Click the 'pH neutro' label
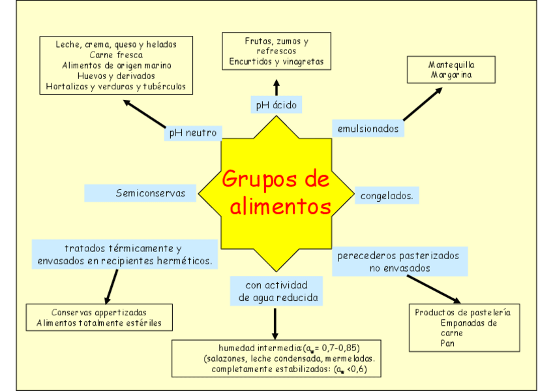click(192, 133)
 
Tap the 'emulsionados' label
click(368, 129)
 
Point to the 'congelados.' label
click(387, 195)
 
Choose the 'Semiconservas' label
click(151, 193)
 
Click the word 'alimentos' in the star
click(280, 207)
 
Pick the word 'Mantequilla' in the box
click(451, 65)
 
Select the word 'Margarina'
click(451, 75)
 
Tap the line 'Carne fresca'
click(116, 55)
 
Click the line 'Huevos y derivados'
click(116, 76)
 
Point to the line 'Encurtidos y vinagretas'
click(276, 62)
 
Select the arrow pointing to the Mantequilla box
click(422, 104)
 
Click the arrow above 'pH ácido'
click(276, 87)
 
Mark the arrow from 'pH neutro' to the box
click(144, 114)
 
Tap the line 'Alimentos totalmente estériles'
click(99, 323)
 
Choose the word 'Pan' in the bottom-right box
click(447, 343)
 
